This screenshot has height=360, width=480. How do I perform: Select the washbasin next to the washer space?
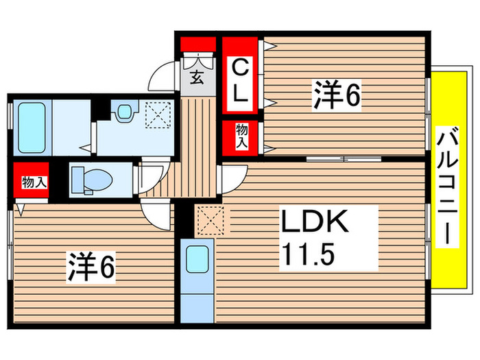(x=123, y=111)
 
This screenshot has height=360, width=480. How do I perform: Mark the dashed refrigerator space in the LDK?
(x=207, y=219)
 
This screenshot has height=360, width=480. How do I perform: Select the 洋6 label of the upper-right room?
(x=337, y=95)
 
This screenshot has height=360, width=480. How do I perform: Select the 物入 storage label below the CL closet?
(x=242, y=137)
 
